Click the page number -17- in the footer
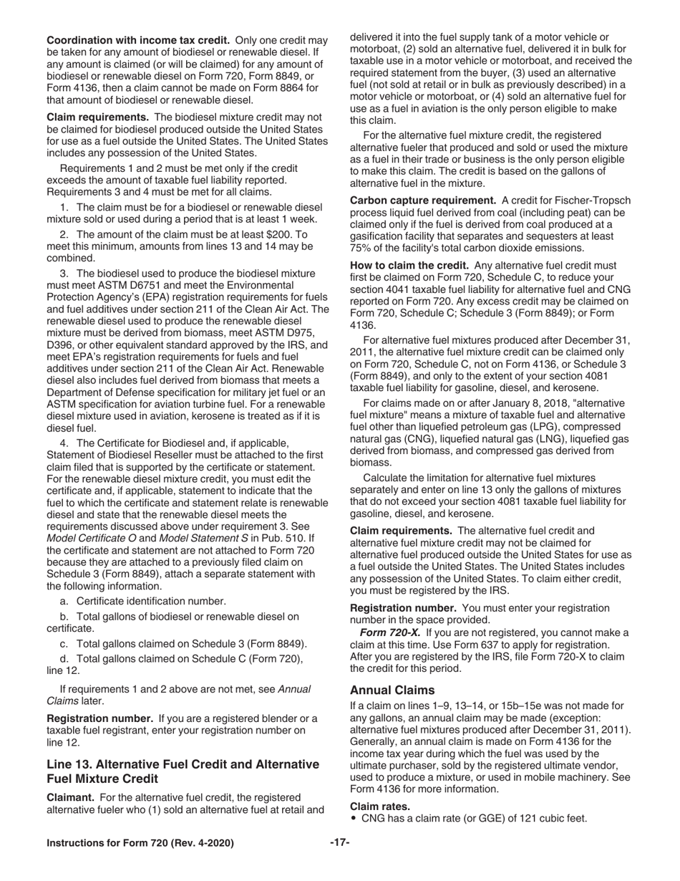tap(339, 843)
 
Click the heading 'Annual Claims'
tap(392, 690)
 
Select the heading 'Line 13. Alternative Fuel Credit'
tap(183, 764)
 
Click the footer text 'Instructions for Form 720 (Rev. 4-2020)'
tap(140, 843)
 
